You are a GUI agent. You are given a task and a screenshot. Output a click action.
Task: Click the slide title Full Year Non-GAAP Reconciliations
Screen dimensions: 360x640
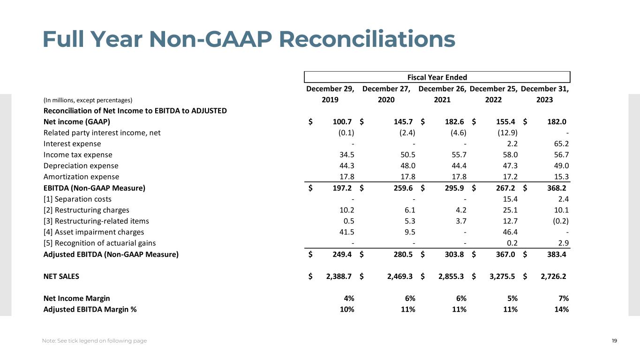248,39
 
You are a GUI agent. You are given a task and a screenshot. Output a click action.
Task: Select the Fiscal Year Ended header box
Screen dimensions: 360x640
437,77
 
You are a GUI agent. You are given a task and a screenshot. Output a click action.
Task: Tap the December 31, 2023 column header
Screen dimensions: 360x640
544,94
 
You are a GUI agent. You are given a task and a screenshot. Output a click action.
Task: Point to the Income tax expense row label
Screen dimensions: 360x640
78,155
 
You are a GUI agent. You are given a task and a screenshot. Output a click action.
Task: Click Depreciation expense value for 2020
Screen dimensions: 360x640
404,166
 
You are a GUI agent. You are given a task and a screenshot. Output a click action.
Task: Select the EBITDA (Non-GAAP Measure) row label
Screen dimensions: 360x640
94,188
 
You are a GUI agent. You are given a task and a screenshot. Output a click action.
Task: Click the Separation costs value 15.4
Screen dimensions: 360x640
508,199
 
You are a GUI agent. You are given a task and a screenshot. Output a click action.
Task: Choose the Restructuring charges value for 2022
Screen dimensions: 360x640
508,210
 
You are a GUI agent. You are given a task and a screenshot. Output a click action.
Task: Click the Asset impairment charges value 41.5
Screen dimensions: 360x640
345,232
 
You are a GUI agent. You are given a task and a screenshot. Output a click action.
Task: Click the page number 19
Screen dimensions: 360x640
614,341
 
